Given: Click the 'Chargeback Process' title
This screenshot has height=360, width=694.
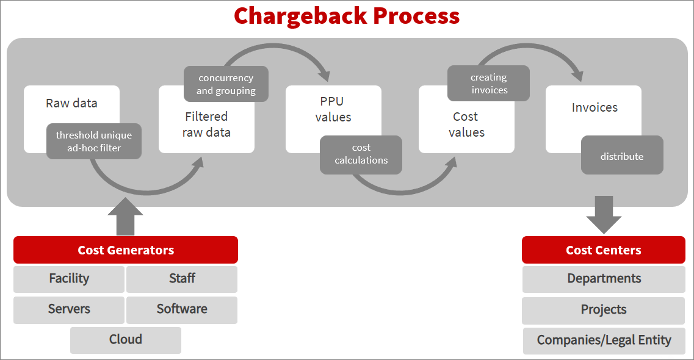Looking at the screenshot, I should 347,16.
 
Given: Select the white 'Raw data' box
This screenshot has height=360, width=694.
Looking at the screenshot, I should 71,103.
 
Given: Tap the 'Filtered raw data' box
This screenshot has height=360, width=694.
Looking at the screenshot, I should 206,124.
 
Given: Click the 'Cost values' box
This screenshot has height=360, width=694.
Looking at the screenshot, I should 466,124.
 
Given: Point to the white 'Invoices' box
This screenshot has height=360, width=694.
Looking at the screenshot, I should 594,108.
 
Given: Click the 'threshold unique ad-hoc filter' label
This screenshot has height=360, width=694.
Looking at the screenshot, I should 94,142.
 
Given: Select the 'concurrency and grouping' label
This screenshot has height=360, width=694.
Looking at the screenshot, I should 226,84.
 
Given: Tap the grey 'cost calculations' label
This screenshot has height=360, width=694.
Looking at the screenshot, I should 361,154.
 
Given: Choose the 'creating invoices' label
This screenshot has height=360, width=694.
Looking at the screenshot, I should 488,84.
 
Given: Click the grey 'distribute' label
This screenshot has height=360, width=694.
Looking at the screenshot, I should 621,156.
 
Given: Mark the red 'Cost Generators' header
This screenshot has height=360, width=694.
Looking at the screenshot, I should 126,250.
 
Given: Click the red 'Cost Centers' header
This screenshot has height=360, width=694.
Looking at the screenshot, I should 603,250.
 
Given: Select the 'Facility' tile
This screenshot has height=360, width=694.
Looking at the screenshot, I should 69,279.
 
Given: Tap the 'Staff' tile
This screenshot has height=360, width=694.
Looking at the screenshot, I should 182,279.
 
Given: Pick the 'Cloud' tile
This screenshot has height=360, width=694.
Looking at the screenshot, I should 126,340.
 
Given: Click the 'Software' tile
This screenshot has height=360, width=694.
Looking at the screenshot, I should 182,309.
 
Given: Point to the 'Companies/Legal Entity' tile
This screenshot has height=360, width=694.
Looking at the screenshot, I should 604,340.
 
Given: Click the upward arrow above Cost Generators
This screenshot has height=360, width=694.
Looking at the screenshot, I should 125,217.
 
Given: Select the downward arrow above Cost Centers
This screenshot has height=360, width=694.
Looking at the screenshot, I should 604,215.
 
